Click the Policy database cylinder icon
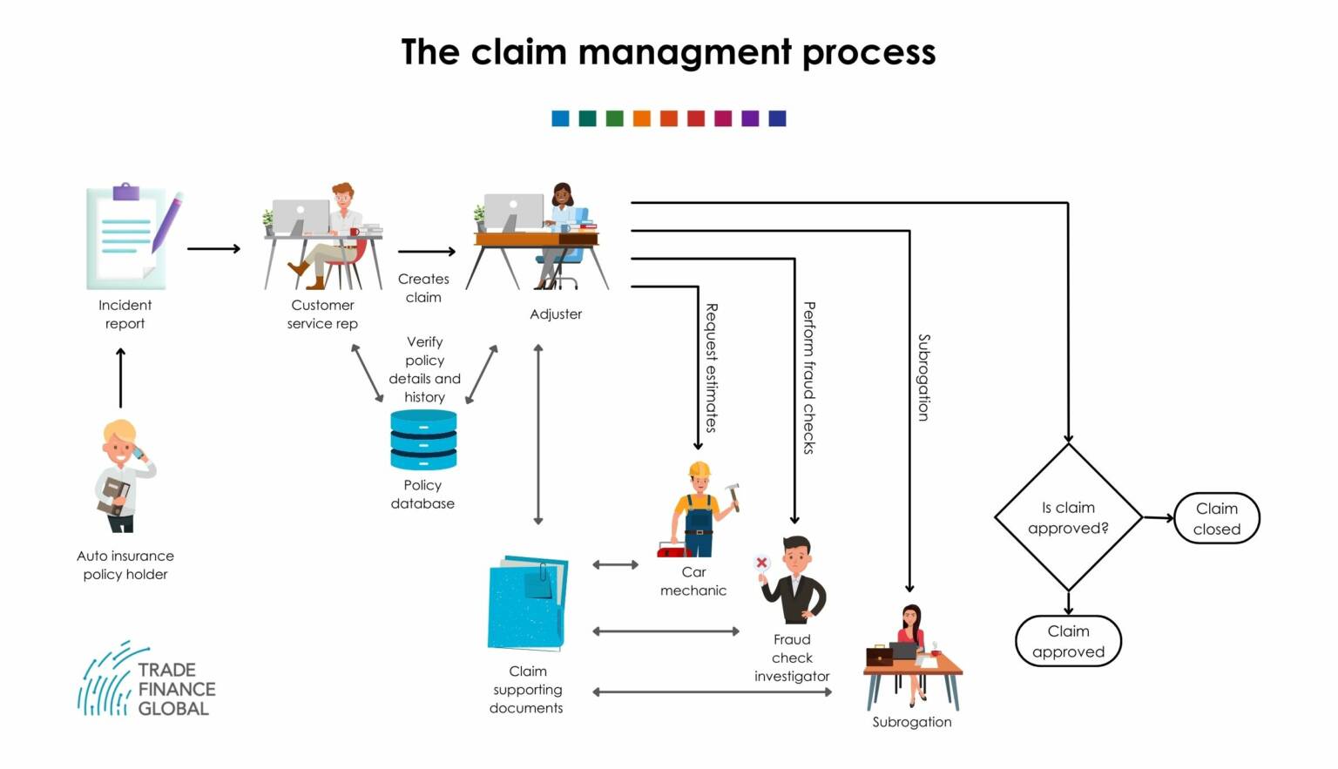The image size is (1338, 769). click(423, 440)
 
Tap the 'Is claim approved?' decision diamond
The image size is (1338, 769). click(1068, 517)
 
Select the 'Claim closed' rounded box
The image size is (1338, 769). click(1216, 518)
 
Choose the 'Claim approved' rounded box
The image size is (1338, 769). click(1068, 641)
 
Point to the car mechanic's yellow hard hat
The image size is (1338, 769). click(699, 470)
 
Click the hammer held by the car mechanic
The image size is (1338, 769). click(733, 495)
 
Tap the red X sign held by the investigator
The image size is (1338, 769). click(762, 563)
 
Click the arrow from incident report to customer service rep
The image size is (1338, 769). click(213, 249)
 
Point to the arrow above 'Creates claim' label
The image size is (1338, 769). click(427, 252)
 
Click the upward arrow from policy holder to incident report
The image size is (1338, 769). click(120, 377)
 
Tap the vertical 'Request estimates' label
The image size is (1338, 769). click(711, 368)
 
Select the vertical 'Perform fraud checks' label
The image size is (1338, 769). click(808, 377)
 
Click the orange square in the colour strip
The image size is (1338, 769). click(642, 118)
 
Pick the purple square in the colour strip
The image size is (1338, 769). click(750, 118)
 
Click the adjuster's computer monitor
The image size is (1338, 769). click(513, 212)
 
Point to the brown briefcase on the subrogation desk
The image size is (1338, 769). click(879, 656)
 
